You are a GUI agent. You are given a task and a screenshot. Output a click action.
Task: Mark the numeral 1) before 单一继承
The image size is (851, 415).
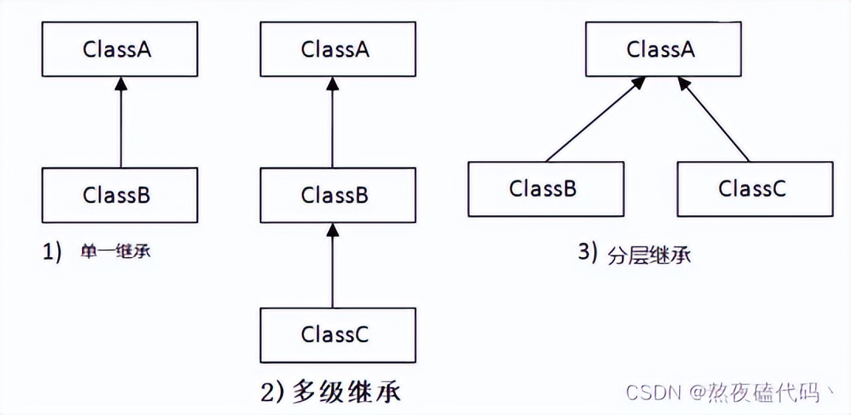(52, 252)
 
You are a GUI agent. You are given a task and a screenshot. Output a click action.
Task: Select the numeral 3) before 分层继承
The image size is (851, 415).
(589, 254)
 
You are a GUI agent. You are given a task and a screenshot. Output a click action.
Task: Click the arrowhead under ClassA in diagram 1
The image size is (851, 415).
(121, 84)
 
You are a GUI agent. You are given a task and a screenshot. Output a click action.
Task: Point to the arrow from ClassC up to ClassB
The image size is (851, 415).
(332, 267)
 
